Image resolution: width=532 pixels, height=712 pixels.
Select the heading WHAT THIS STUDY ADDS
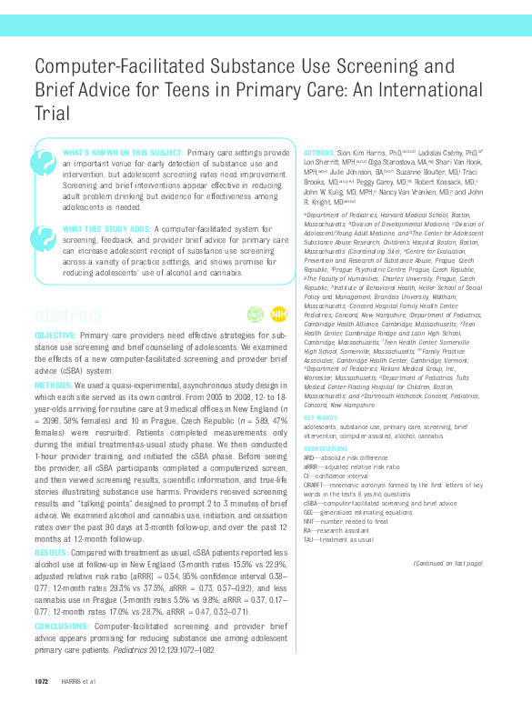tap(106, 228)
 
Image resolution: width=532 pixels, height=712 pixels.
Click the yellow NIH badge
tap(278, 314)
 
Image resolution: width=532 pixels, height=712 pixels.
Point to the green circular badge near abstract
tap(256, 314)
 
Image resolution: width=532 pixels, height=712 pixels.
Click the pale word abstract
tap(68, 316)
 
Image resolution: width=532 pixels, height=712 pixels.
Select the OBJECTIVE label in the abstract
tap(55, 336)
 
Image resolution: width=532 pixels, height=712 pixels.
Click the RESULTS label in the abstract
tap(51, 551)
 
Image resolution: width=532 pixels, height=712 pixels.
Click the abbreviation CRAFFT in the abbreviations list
tap(316, 485)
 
